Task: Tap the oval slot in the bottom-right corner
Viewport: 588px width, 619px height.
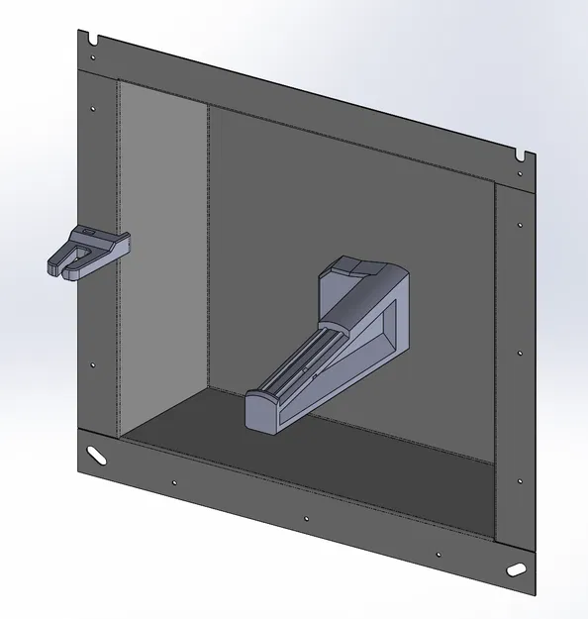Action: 518,570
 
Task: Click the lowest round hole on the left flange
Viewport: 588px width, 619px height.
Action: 93,364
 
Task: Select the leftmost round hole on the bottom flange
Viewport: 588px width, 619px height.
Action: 175,483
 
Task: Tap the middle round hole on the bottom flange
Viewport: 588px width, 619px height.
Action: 306,518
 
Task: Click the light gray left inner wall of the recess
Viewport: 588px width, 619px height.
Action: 162,258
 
